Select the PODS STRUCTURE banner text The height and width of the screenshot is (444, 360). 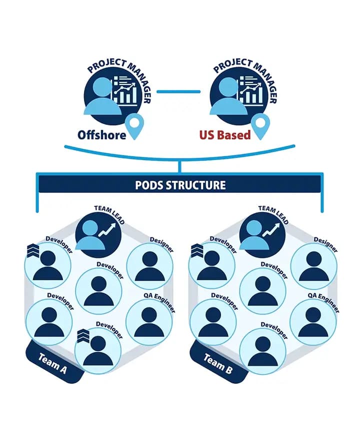180,185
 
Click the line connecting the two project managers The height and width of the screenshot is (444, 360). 178,91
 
